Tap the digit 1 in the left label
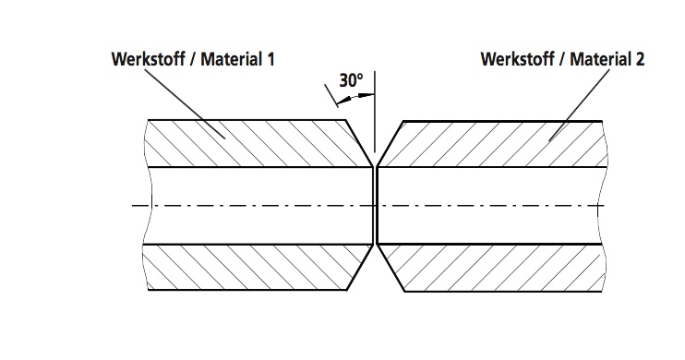point(270,60)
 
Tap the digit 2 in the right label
point(640,60)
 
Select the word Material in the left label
point(227,60)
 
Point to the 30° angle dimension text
point(351,80)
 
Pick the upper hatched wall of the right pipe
point(499,143)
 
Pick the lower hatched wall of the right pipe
point(499,268)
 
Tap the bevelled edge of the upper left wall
point(358,143)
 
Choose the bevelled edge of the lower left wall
point(358,268)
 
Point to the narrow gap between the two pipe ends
point(374,205)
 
